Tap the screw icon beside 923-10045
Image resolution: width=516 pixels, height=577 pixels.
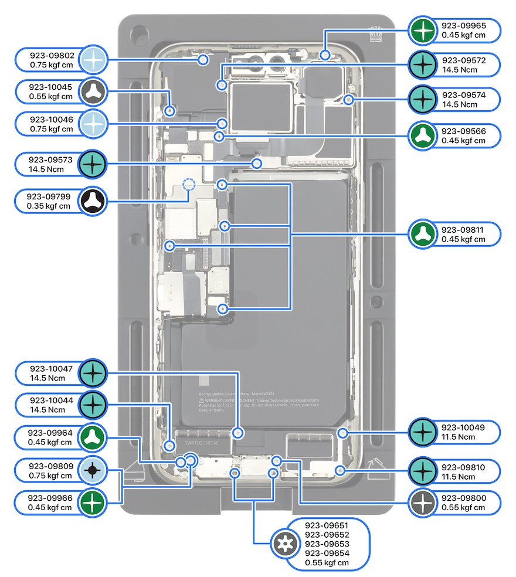92,91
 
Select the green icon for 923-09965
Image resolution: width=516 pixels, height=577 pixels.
422,30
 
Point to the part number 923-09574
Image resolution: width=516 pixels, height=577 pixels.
463,95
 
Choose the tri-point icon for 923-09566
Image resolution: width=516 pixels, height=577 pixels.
422,135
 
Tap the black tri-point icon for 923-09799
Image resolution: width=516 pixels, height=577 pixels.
92,201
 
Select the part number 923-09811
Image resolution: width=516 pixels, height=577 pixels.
463,230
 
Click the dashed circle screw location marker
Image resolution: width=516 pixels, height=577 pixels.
188,185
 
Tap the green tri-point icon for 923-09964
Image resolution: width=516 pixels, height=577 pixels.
92,437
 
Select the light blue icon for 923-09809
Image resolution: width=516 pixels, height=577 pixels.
92,471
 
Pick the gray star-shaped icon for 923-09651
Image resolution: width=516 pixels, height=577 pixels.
284,545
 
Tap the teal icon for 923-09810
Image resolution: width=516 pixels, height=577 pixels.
422,471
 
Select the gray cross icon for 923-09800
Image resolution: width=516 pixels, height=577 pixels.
422,503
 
